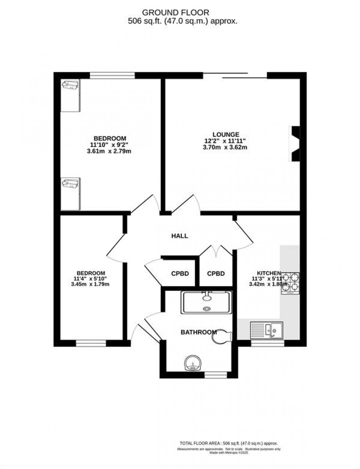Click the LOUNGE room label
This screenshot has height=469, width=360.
(x=226, y=134)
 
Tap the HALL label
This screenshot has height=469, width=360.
(x=180, y=236)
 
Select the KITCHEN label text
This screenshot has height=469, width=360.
(x=269, y=273)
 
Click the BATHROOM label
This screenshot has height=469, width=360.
(x=198, y=332)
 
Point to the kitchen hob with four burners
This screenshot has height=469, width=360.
(x=290, y=283)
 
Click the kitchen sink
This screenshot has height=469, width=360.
(x=267, y=329)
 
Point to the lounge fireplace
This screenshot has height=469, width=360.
(x=295, y=144)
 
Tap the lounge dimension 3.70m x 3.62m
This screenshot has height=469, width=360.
(x=225, y=148)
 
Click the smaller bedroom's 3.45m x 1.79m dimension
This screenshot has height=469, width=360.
(x=90, y=284)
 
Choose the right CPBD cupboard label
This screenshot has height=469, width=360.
(x=216, y=274)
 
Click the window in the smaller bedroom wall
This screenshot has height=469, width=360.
(x=91, y=343)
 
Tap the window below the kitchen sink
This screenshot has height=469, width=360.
(x=267, y=343)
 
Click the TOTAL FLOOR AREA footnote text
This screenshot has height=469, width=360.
(x=228, y=443)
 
